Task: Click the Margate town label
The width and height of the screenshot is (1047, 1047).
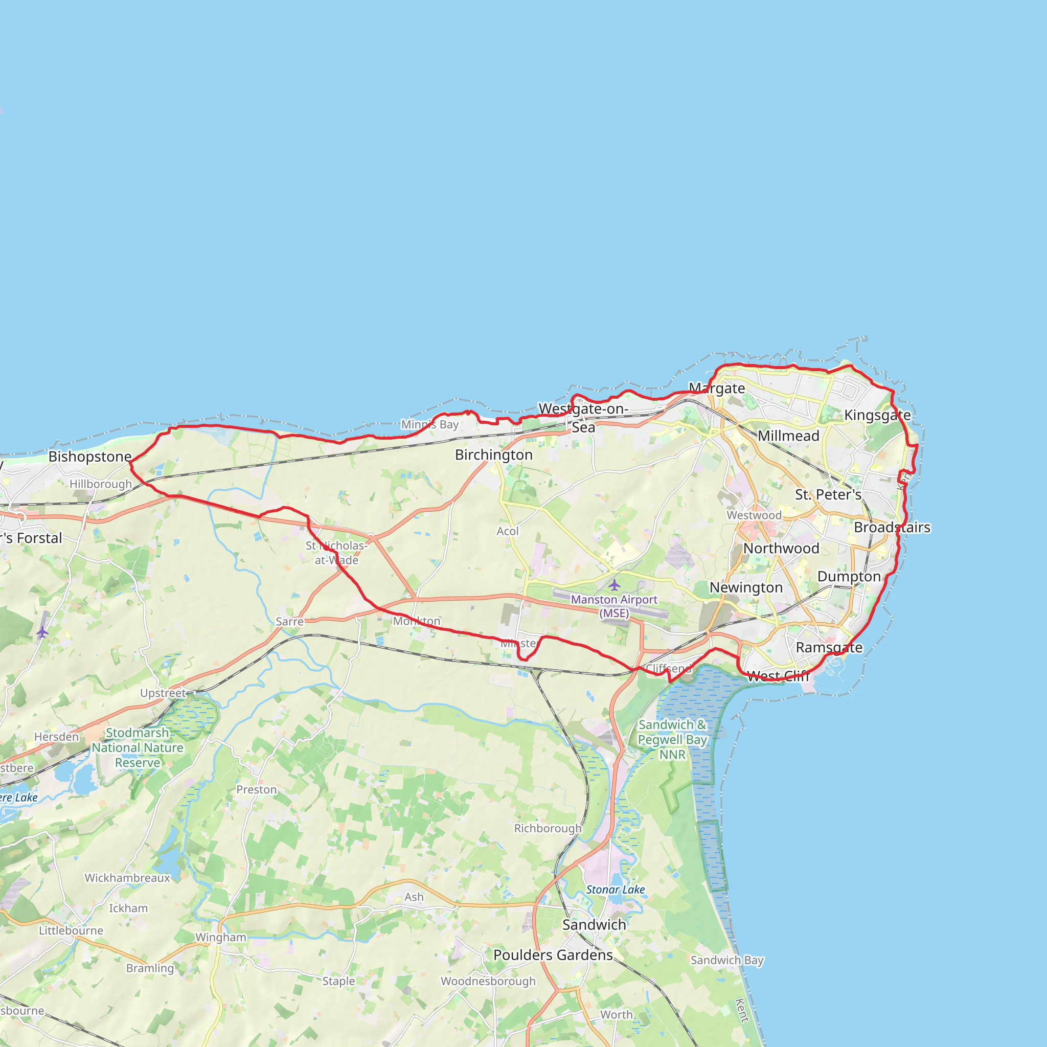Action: click(x=716, y=388)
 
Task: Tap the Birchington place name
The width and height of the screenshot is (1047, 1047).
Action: click(x=493, y=454)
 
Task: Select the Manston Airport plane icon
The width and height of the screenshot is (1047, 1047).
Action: click(x=614, y=585)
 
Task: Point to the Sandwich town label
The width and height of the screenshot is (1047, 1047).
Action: click(x=594, y=924)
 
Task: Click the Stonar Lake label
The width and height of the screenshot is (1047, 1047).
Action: click(x=615, y=890)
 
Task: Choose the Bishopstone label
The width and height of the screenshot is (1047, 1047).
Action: click(x=90, y=457)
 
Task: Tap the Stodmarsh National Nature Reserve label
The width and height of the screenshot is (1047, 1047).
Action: click(x=138, y=747)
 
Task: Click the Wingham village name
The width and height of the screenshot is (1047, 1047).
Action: click(x=220, y=937)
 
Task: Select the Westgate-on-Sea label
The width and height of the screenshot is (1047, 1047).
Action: click(x=583, y=418)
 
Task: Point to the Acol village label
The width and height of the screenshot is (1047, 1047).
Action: click(x=507, y=531)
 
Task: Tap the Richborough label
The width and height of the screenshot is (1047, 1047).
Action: click(x=548, y=828)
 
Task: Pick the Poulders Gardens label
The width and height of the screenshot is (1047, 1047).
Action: click(x=553, y=955)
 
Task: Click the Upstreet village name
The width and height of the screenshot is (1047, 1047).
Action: click(x=163, y=693)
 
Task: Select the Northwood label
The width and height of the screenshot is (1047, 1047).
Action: click(x=781, y=548)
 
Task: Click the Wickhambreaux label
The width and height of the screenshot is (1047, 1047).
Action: click(x=127, y=877)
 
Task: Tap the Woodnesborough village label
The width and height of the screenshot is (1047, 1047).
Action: click(x=488, y=981)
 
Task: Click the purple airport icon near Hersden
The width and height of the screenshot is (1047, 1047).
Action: click(x=42, y=632)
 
